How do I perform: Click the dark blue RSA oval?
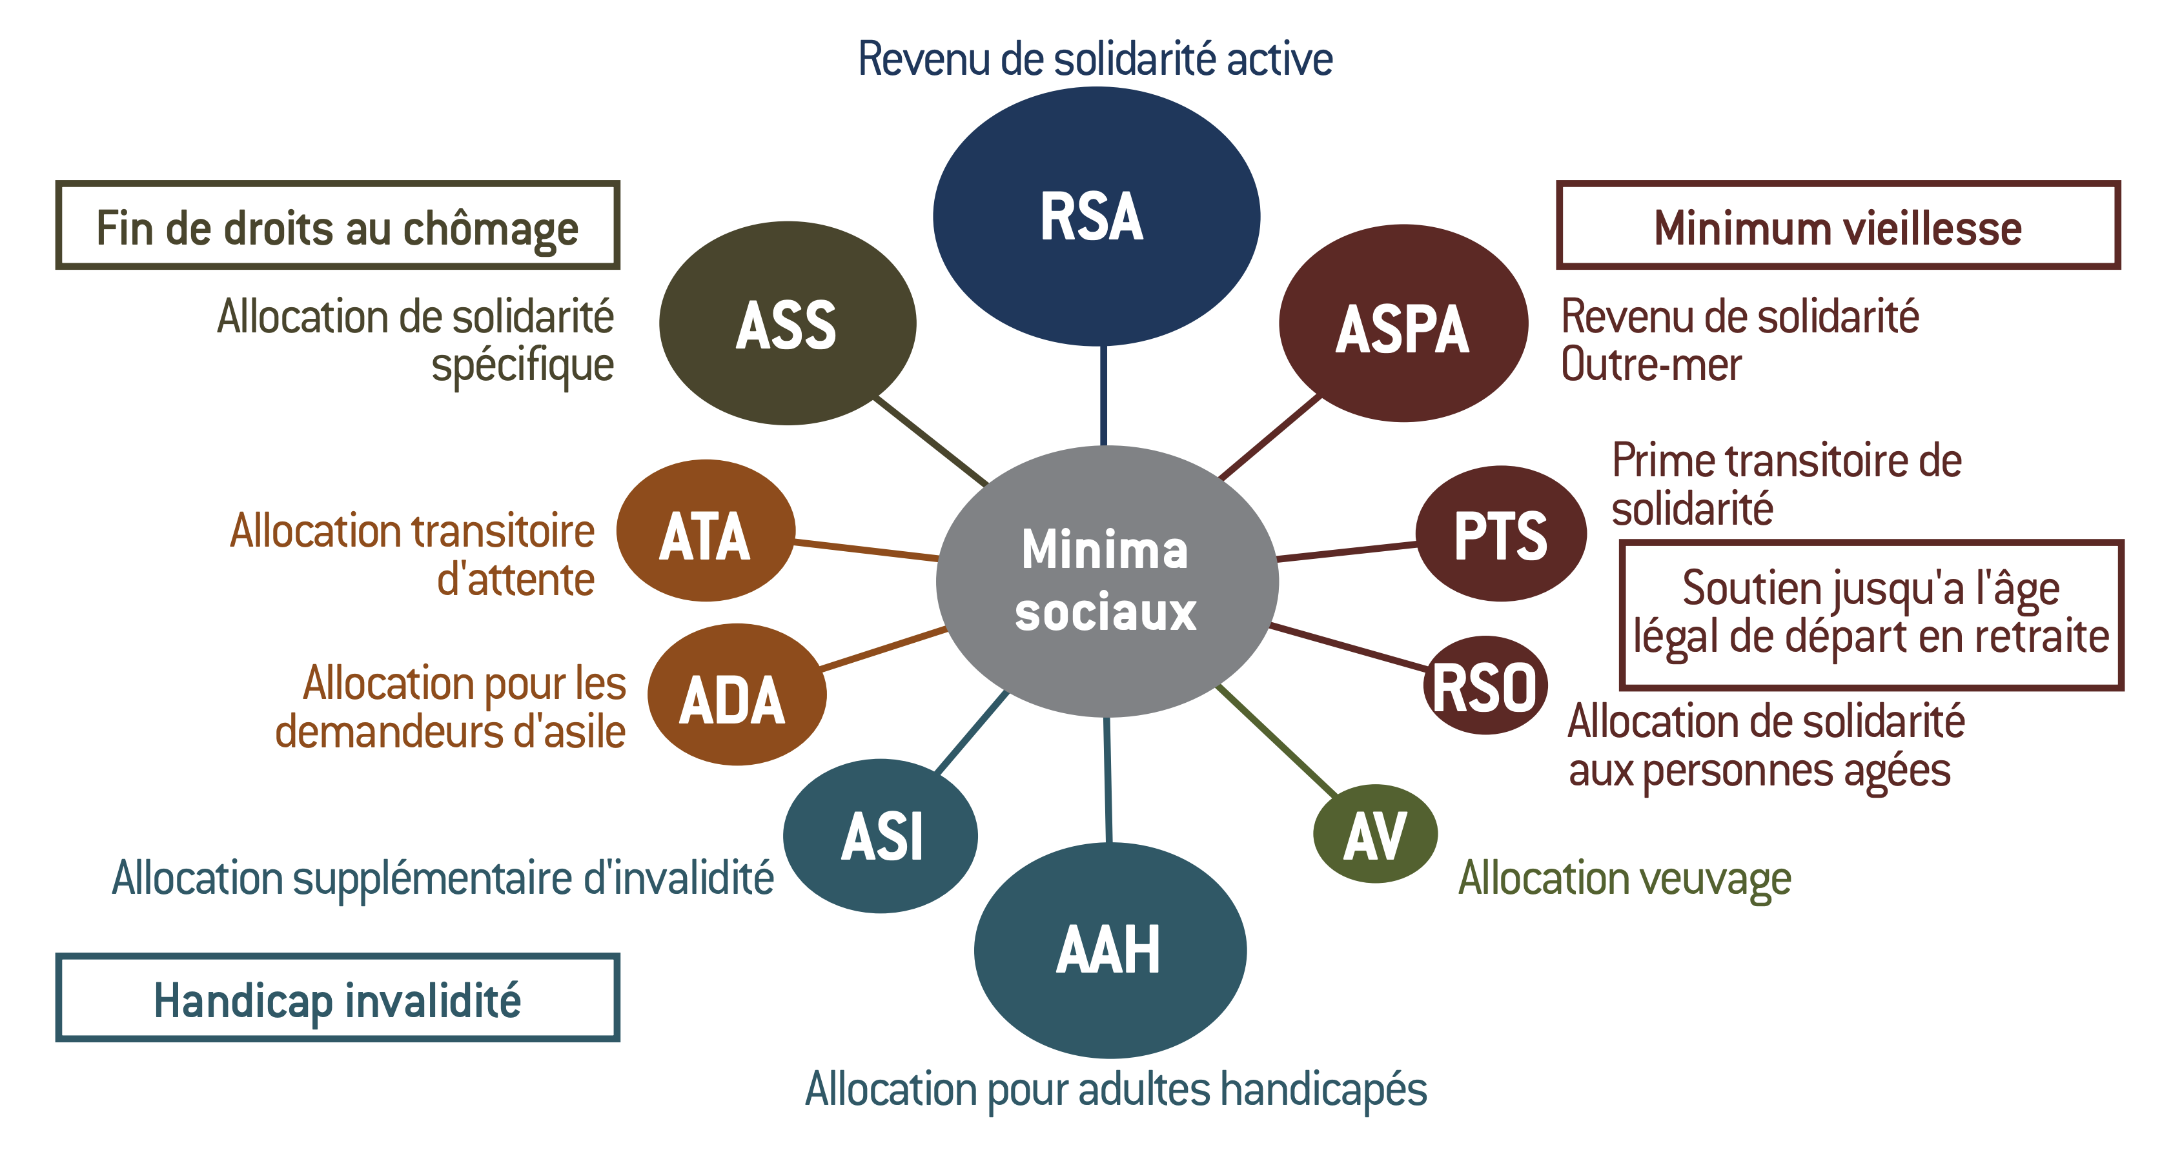(x=1096, y=216)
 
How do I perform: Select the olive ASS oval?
(x=787, y=323)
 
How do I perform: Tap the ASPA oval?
(x=1403, y=323)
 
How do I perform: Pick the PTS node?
(x=1500, y=534)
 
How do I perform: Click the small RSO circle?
(x=1485, y=685)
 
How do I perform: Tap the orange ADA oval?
(x=736, y=694)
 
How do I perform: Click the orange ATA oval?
(x=706, y=531)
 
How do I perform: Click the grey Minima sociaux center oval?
(x=1106, y=581)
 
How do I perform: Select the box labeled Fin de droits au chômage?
(x=337, y=225)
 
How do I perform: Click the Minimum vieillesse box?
(x=1837, y=225)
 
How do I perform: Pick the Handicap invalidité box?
(x=337, y=998)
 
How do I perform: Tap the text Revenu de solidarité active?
(x=1096, y=59)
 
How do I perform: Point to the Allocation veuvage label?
(x=1624, y=878)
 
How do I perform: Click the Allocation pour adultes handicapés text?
(x=1116, y=1089)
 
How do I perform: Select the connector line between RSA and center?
(x=1103, y=396)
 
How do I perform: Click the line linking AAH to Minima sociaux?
(x=1108, y=779)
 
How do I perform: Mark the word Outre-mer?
(x=1651, y=365)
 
